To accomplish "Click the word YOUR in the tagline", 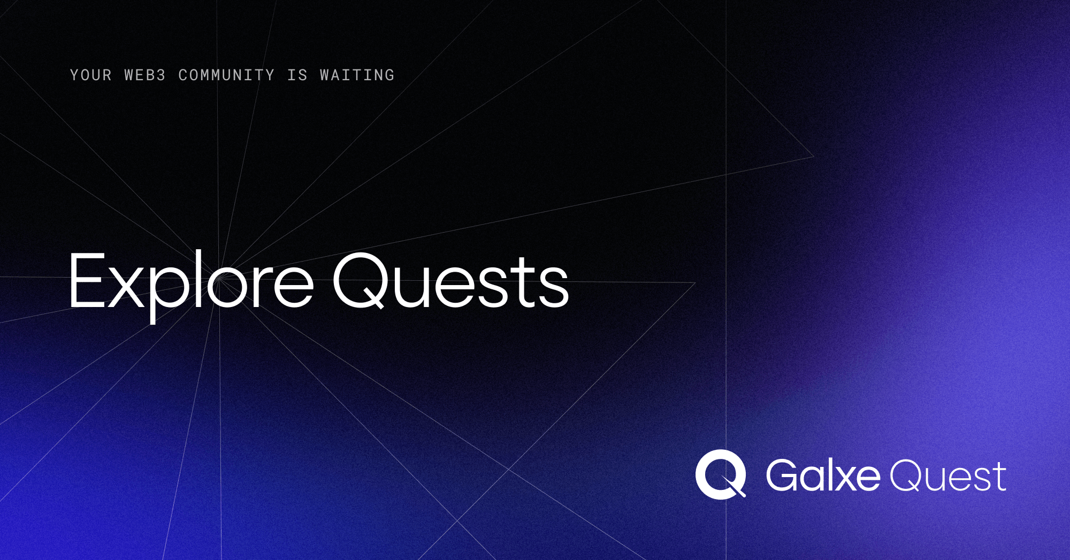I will pyautogui.click(x=90, y=75).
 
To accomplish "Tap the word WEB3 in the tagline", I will pyautogui.click(x=144, y=75).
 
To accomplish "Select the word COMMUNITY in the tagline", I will pyautogui.click(x=226, y=75).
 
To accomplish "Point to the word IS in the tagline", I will pyautogui.click(x=297, y=75).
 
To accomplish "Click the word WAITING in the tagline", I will pyautogui.click(x=357, y=75).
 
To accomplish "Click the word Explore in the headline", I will pyautogui.click(x=190, y=282).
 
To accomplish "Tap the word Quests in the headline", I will pyautogui.click(x=450, y=282).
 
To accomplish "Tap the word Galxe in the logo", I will pyautogui.click(x=823, y=475).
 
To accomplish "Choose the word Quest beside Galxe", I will pyautogui.click(x=947, y=475).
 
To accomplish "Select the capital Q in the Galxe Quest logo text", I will pyautogui.click(x=905, y=475).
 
